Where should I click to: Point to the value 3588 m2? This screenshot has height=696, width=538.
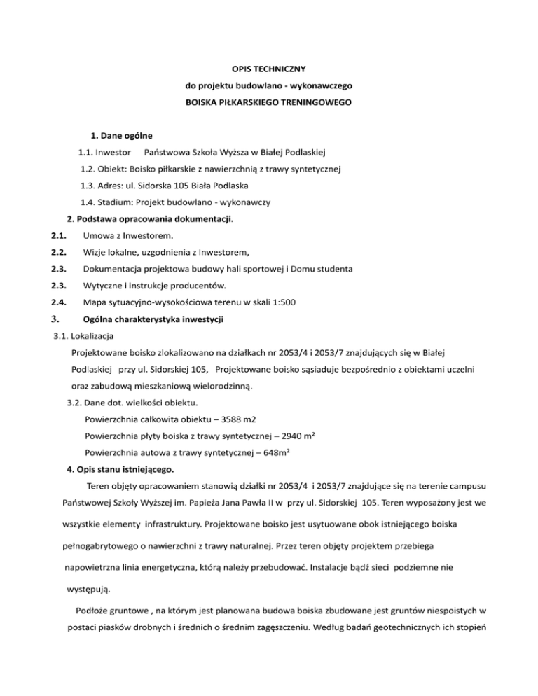236,419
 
